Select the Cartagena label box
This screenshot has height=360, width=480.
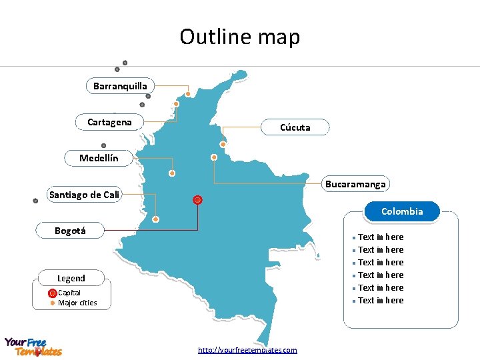(x=109, y=122)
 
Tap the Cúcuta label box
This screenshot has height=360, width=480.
(x=295, y=127)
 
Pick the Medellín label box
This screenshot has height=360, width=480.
(x=99, y=158)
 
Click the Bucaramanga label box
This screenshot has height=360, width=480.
(x=355, y=183)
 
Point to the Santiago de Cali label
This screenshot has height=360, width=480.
(x=84, y=195)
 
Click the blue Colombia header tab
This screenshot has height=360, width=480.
(x=402, y=211)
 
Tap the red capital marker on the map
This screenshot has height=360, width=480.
(x=197, y=200)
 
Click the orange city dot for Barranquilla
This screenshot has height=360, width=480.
(x=188, y=94)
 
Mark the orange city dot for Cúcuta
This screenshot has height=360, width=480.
(x=223, y=144)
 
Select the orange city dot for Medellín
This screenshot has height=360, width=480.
(x=172, y=173)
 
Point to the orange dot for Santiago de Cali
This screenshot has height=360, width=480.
(x=155, y=219)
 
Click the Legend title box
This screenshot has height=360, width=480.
(x=71, y=278)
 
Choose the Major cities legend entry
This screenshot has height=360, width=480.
(x=77, y=303)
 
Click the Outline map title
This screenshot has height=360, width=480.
(x=240, y=37)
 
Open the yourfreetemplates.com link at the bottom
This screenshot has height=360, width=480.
(x=247, y=350)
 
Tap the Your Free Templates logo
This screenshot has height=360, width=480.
(x=33, y=347)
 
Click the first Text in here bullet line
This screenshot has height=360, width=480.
(x=380, y=237)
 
